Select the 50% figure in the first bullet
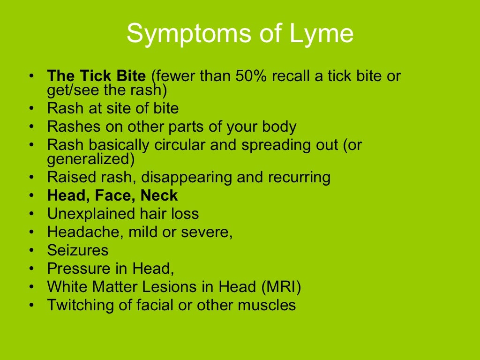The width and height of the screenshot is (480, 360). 233,75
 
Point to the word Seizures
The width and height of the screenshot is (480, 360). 78,250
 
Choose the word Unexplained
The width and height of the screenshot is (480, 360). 85,214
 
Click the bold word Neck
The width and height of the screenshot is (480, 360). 159,195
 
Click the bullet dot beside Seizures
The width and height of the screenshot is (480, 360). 31,250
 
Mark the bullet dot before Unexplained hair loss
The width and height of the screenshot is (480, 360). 31,214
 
